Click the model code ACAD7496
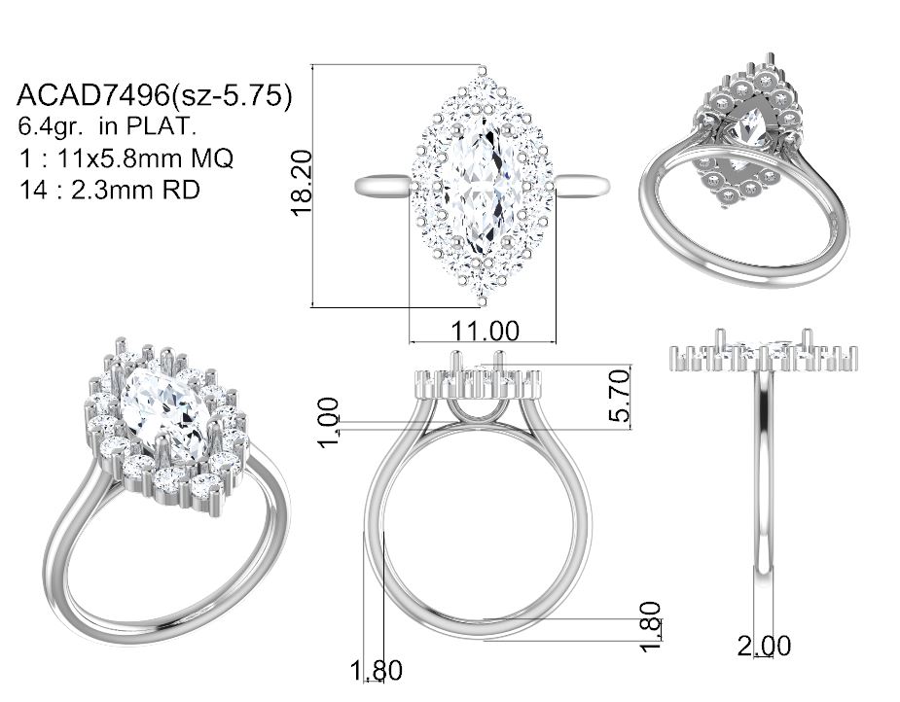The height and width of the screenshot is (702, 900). [x=93, y=95]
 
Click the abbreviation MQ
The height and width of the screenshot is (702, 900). [x=212, y=158]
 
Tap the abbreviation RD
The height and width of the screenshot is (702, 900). [x=181, y=190]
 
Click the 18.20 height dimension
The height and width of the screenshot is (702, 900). [x=302, y=183]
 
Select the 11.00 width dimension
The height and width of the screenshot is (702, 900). [x=485, y=331]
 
